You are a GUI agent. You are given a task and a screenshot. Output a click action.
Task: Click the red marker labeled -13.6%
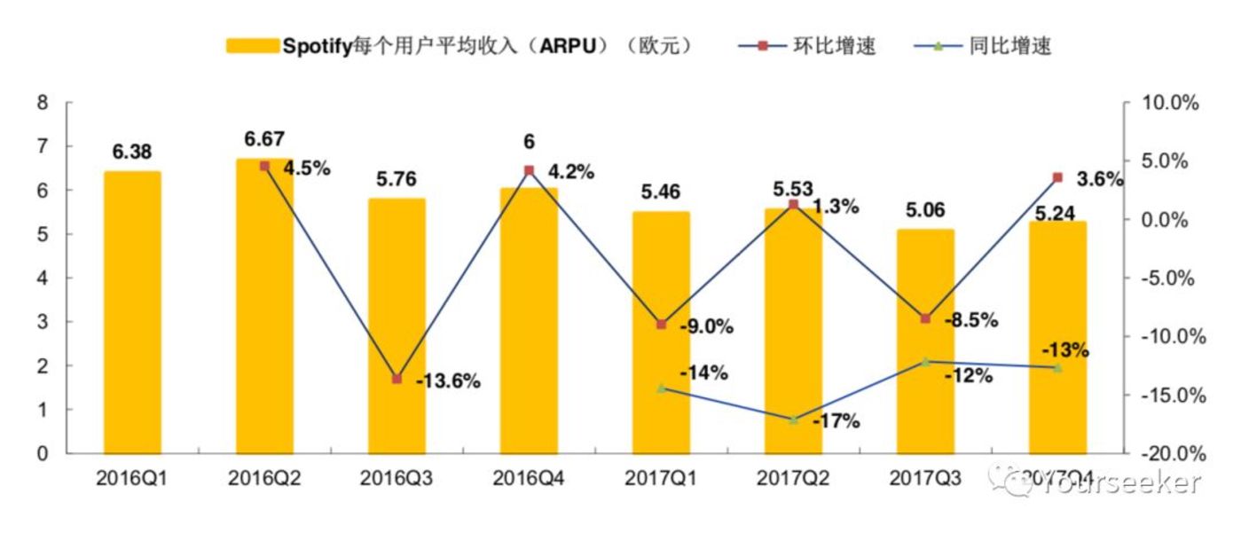pyautogui.click(x=397, y=379)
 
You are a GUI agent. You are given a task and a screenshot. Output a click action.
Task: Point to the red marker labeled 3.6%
pyautogui.click(x=1057, y=177)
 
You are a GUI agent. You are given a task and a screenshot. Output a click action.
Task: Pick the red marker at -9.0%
pyautogui.click(x=661, y=325)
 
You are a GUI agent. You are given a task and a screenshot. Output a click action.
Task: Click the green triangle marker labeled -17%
pyautogui.click(x=793, y=419)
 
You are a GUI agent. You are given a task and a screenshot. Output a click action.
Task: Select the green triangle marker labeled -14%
pyautogui.click(x=661, y=388)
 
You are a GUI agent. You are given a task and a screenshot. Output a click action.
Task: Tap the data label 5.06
pyautogui.click(x=925, y=210)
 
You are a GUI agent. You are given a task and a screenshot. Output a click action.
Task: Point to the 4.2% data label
pyautogui.click(x=570, y=170)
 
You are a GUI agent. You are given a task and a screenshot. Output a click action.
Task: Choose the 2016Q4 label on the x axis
pyautogui.click(x=528, y=479)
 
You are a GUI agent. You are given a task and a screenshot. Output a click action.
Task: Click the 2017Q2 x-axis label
pyautogui.click(x=792, y=479)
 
